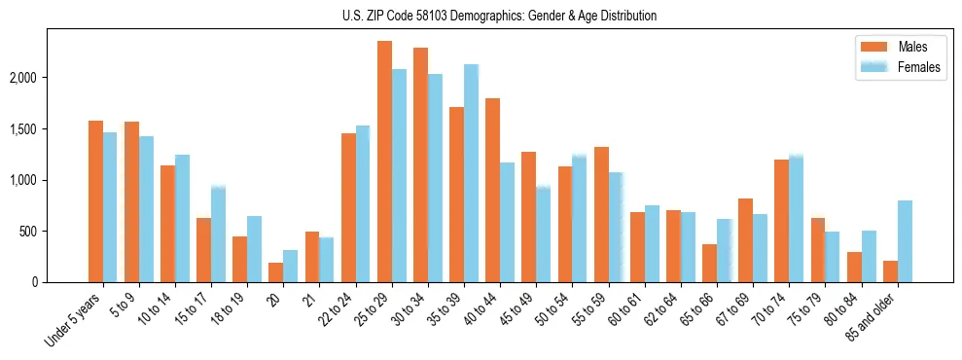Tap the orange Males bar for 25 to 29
(384, 162)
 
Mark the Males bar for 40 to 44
(492, 191)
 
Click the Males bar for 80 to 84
(854, 268)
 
